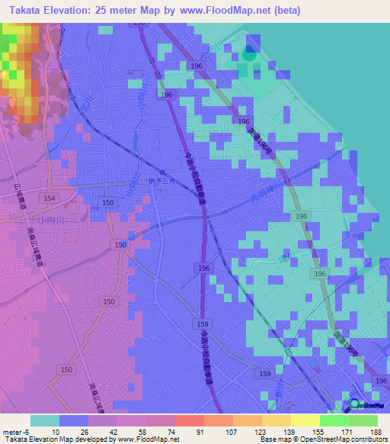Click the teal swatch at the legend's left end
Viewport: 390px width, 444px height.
45,420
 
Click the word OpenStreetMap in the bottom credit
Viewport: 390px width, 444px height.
331,439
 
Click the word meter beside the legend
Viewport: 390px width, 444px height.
11,431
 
